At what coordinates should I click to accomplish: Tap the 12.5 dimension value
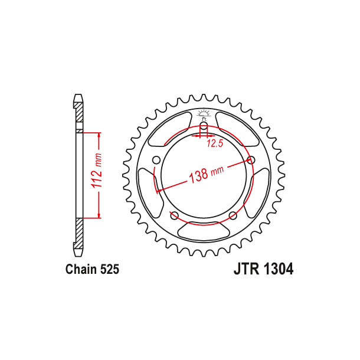(x=214, y=143)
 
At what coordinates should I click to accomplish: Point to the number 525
(x=110, y=270)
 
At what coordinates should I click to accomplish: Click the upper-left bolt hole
(x=156, y=160)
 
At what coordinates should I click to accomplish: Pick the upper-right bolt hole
(x=251, y=160)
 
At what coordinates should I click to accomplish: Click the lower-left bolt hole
(x=174, y=215)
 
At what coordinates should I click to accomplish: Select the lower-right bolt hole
(x=233, y=215)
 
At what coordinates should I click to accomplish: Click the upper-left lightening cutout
(x=166, y=130)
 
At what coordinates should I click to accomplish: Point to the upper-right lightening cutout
(x=240, y=130)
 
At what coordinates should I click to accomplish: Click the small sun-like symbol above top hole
(x=203, y=113)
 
